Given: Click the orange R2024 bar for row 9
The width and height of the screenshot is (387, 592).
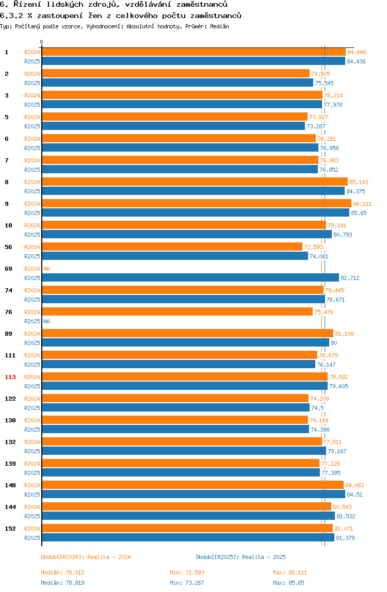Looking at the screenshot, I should coord(196,204).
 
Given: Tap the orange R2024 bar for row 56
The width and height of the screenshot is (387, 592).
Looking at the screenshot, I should coord(172,247).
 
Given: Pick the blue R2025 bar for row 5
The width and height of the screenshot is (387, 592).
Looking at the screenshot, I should coord(173,126).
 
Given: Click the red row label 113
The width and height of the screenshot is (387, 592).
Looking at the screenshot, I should coord(10,377).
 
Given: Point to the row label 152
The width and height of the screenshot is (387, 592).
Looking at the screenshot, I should coord(10,529).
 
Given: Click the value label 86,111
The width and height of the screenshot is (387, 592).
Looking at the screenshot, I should coord(362,204).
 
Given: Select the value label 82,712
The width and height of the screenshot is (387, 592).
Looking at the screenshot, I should coord(350,278).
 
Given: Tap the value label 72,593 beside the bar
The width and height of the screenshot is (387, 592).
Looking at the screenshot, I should coord(313,247).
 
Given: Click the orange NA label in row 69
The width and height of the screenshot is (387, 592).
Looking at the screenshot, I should coord(46,269).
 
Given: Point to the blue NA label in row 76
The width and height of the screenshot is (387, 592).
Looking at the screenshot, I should coord(46,321).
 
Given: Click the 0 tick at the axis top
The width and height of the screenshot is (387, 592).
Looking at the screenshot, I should coord(42,42).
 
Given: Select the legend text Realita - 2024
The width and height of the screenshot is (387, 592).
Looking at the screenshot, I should coord(109,557).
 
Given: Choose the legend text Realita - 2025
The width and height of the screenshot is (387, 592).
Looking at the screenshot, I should coord(264,557).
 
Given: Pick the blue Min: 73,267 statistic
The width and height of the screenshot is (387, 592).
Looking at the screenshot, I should coord(191,583).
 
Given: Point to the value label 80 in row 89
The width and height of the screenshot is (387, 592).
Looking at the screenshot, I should coord(334,343).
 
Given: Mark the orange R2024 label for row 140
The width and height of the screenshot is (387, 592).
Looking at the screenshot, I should coord(32,485).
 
